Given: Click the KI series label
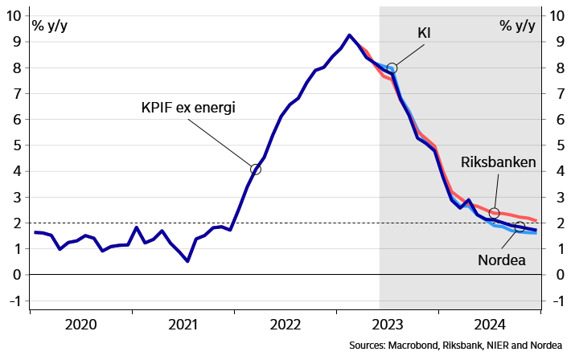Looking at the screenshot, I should pos(424,33).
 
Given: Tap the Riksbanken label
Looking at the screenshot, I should pos(498,162).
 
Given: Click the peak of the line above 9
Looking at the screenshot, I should pos(348,35).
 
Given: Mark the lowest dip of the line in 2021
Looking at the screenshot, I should pos(187,261).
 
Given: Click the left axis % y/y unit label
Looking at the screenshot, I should pos(50,24).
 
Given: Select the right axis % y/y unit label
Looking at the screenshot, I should pos(516,24).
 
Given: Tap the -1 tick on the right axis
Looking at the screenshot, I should pos(554,301).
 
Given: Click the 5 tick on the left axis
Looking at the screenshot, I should pos(18,145).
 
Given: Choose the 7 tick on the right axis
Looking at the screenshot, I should pos(554,94).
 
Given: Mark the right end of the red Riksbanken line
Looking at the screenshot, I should pos(536,221).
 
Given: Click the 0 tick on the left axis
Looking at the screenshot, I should pos(18,275).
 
